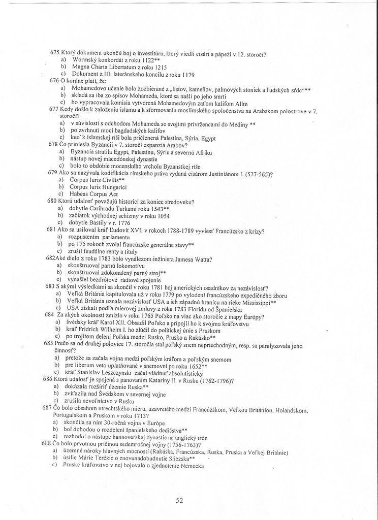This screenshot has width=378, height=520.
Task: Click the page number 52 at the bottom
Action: [179, 500]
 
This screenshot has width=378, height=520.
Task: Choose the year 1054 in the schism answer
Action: [163, 215]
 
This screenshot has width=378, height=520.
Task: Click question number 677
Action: [54, 109]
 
